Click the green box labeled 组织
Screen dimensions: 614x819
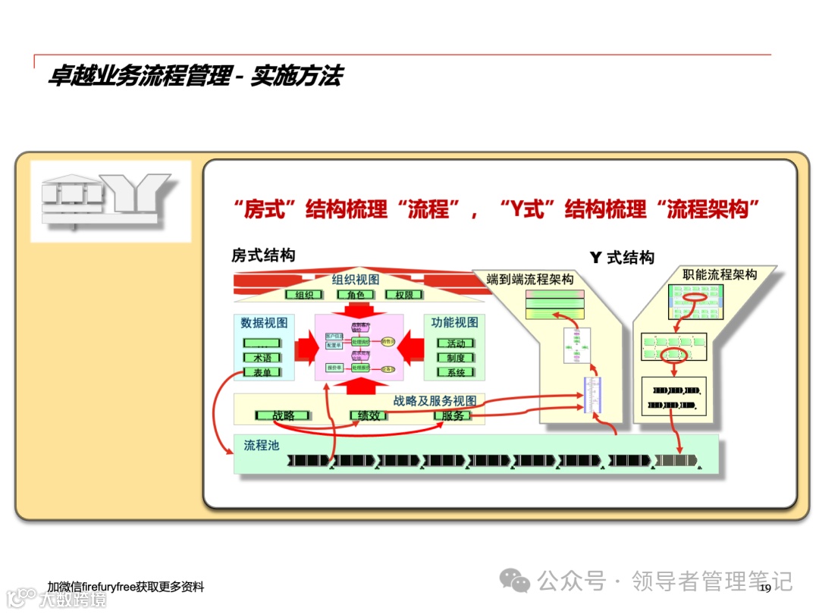click(x=304, y=295)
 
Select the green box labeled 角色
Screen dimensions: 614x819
click(x=356, y=295)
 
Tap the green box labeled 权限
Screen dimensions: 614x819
click(x=404, y=295)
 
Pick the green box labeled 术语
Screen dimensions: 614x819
click(x=262, y=358)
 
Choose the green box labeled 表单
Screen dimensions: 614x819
click(x=262, y=372)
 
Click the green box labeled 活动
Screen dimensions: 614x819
click(x=456, y=343)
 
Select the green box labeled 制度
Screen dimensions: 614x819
click(x=456, y=358)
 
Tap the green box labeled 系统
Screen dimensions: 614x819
click(x=456, y=372)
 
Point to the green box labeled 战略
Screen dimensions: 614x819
click(x=283, y=415)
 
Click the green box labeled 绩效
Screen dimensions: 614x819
click(x=369, y=415)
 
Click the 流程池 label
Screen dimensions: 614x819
click(x=262, y=445)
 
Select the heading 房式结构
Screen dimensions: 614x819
click(x=263, y=255)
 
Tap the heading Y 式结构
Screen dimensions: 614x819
click(x=622, y=258)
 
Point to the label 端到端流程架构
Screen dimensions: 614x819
click(x=530, y=280)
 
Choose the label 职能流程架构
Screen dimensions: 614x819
click(x=720, y=274)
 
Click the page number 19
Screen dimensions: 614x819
click(x=764, y=588)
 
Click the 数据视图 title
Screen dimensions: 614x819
click(x=265, y=323)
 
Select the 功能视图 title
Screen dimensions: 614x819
click(x=455, y=322)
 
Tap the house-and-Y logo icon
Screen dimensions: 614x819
click(x=110, y=201)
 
